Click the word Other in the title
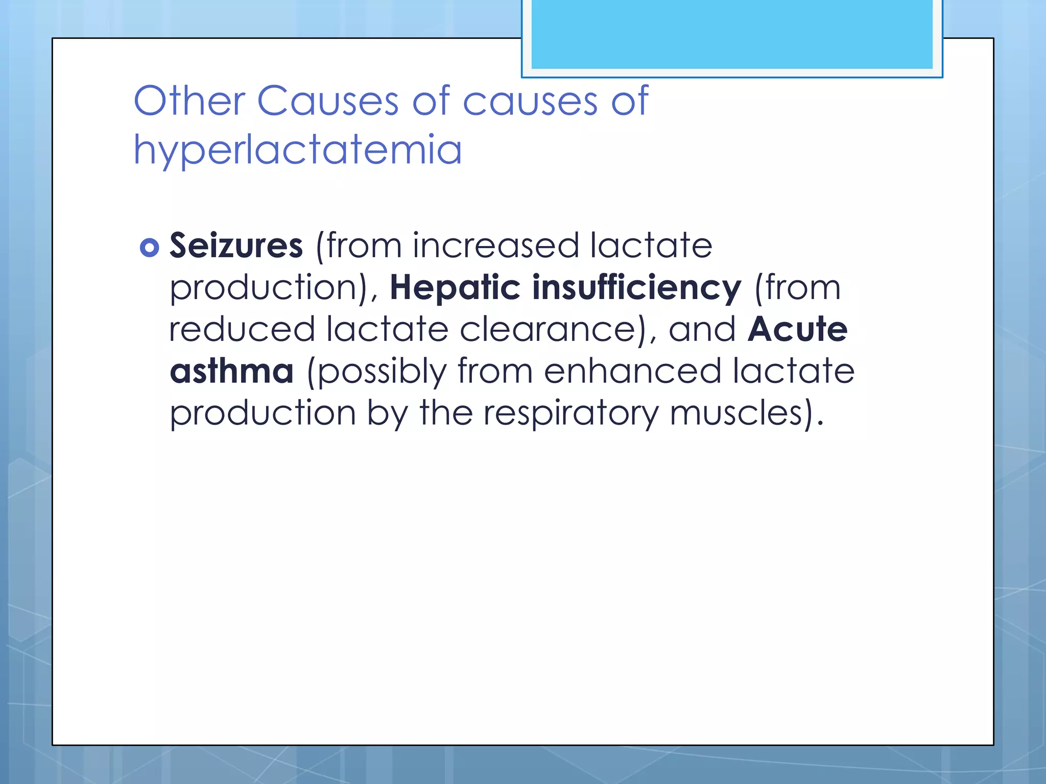click(x=189, y=101)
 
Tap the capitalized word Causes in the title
click(x=327, y=101)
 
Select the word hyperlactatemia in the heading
click(x=298, y=150)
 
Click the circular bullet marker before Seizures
click(x=149, y=248)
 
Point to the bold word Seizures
click(x=236, y=246)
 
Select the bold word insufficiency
click(x=636, y=288)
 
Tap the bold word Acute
click(x=797, y=329)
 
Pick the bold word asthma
click(x=231, y=371)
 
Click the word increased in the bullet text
click(x=495, y=246)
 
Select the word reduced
click(x=242, y=329)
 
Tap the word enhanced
click(x=632, y=371)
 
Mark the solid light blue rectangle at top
click(x=732, y=34)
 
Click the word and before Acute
click(x=702, y=329)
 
